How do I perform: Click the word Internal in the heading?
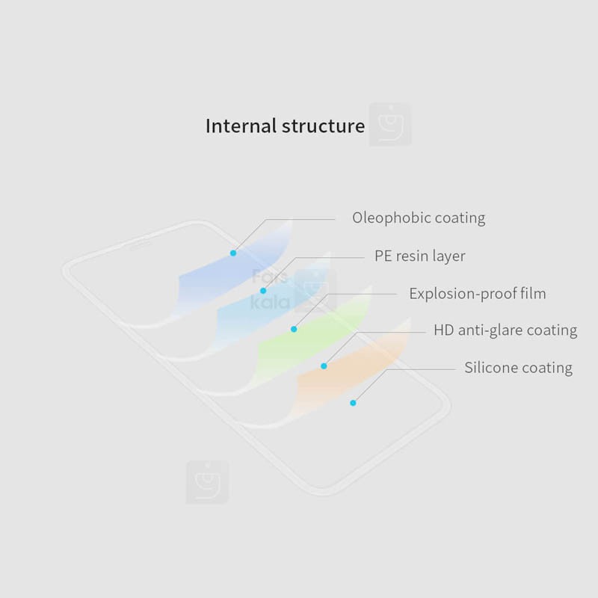pos(241,126)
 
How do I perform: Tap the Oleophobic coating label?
pos(419,218)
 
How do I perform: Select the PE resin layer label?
pos(420,256)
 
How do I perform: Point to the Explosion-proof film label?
pos(478,294)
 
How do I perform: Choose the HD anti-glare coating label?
pos(505,330)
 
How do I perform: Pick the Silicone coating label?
pos(518,368)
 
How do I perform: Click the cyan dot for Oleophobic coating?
pos(233,253)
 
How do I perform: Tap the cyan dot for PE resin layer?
pos(263,291)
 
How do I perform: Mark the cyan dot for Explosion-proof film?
pos(294,329)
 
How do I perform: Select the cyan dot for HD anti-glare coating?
pos(324,366)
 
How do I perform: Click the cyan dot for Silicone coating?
pos(353,403)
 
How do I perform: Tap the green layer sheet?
pos(312,339)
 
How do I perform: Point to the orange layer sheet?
pos(351,374)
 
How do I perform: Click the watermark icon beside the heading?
pos(390,124)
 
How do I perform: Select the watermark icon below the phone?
pos(207,482)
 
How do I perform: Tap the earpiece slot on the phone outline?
pos(140,245)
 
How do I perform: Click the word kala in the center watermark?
pos(271,302)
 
